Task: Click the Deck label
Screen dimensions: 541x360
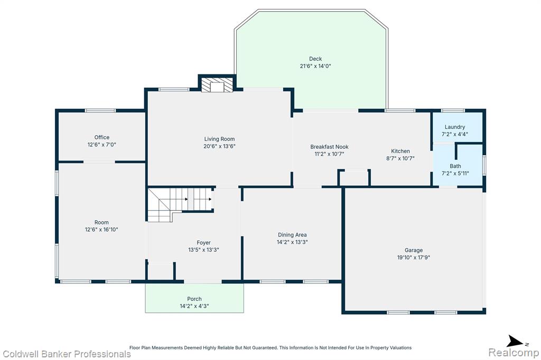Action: pyautogui.click(x=315, y=59)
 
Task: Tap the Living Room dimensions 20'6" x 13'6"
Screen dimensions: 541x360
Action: pyautogui.click(x=219, y=146)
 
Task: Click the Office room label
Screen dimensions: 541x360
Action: pyautogui.click(x=102, y=137)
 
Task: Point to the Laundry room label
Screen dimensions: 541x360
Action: pyautogui.click(x=455, y=127)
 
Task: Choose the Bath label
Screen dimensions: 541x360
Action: pyautogui.click(x=455, y=166)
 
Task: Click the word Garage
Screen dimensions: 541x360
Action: pyautogui.click(x=414, y=250)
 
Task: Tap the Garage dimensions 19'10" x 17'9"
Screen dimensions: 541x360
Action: pyautogui.click(x=414, y=258)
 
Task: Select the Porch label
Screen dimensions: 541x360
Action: pyautogui.click(x=194, y=299)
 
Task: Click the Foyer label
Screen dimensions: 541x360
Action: pyautogui.click(x=203, y=243)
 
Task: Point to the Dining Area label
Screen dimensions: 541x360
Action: pyautogui.click(x=292, y=235)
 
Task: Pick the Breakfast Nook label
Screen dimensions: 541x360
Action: pyautogui.click(x=330, y=147)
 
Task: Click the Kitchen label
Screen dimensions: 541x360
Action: pyautogui.click(x=400, y=151)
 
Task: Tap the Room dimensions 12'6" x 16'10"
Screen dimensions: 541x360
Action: pyautogui.click(x=101, y=230)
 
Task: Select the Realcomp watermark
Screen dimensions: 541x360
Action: pyautogui.click(x=514, y=353)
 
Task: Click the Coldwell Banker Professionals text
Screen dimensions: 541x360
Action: pyautogui.click(x=67, y=354)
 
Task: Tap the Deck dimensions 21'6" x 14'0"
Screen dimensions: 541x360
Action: pyautogui.click(x=315, y=66)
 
